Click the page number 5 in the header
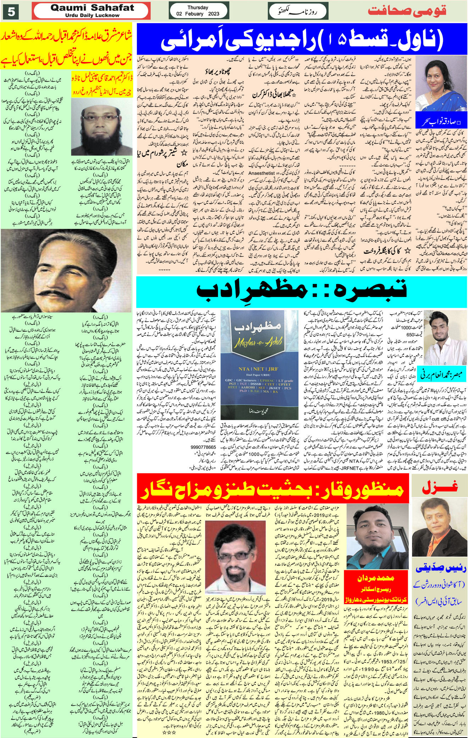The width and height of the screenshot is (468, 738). point(11,12)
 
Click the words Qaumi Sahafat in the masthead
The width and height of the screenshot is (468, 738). point(92,8)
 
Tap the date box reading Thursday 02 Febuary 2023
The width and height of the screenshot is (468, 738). point(198,11)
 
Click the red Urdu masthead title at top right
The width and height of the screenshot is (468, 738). point(407,11)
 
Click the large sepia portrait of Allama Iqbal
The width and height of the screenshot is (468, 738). point(66,271)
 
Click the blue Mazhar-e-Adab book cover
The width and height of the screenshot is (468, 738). point(259,364)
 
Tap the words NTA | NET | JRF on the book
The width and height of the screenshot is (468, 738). point(258,369)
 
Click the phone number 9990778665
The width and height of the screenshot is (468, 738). point(203,447)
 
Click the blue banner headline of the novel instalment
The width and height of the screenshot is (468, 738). point(301,39)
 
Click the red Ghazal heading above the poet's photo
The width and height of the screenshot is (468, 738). point(440,488)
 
